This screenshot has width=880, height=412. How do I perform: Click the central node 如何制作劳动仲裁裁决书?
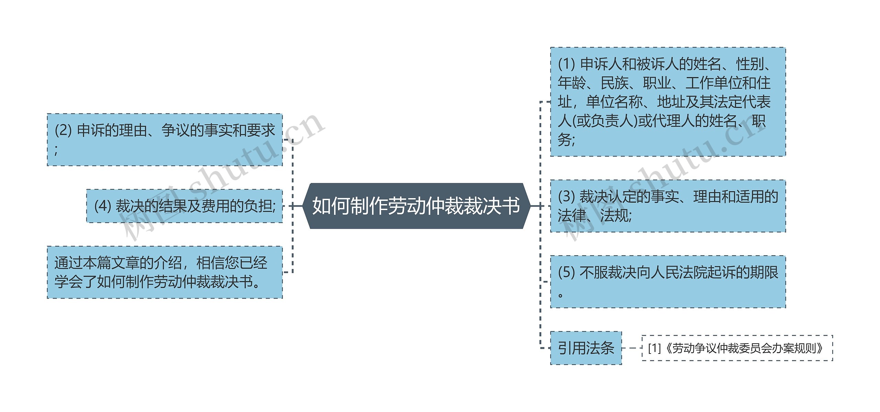[x=416, y=206]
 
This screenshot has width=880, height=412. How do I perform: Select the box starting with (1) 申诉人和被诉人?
[x=668, y=102]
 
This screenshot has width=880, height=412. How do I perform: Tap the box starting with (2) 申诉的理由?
[x=165, y=140]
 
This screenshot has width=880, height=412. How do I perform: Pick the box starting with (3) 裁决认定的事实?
[x=668, y=206]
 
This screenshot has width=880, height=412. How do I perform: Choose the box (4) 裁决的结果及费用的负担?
[x=185, y=206]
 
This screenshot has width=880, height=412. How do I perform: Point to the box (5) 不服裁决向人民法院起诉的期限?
[x=668, y=282]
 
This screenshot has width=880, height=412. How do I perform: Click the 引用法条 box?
[x=586, y=348]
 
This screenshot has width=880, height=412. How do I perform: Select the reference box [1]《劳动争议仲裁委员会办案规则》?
[x=737, y=348]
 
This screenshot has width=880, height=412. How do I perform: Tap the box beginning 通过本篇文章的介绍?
[x=165, y=272]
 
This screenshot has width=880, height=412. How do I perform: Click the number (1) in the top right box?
[x=566, y=64]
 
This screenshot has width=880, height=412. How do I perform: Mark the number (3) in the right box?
[x=566, y=197]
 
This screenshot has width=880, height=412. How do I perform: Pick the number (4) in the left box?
[x=102, y=206]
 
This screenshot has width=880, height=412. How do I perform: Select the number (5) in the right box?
[x=566, y=272]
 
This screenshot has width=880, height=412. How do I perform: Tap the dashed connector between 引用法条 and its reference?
[x=631, y=348]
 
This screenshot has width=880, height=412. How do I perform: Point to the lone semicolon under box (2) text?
[x=56, y=150]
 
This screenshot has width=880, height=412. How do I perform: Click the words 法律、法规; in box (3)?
[x=595, y=216]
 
